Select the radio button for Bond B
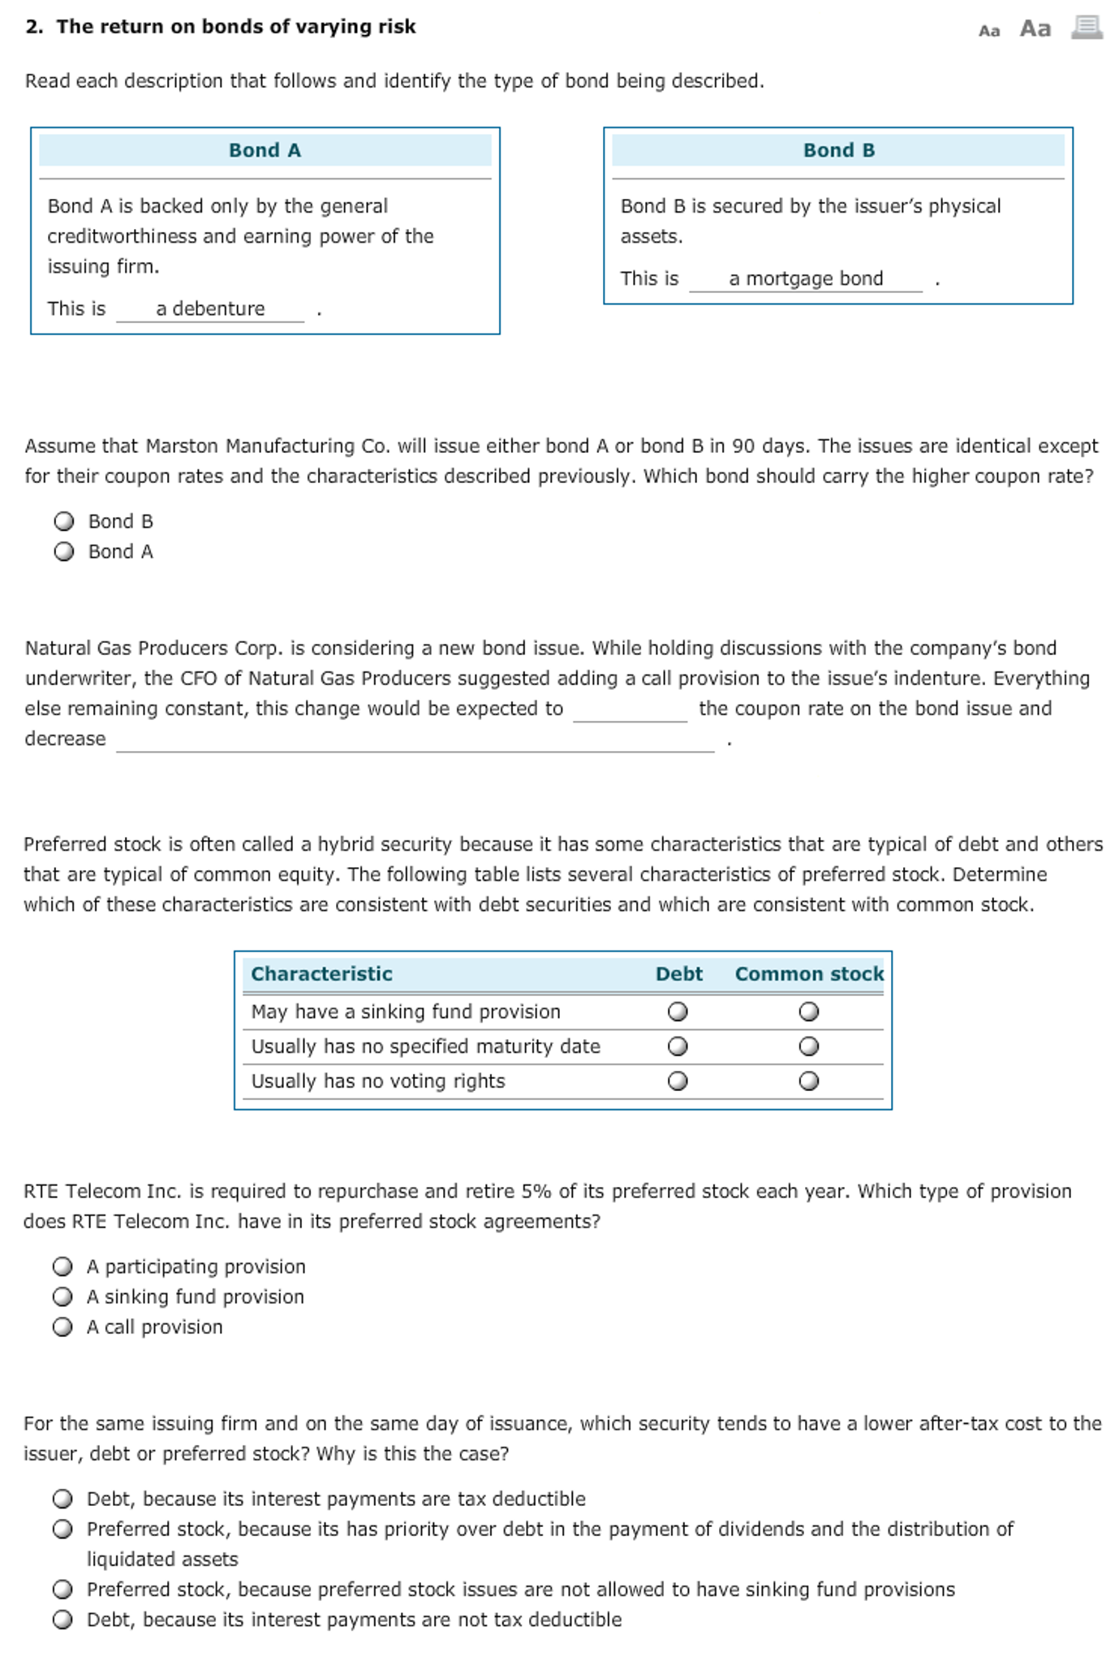click(63, 521)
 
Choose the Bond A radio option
click(63, 552)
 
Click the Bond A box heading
click(265, 150)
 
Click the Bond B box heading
click(838, 150)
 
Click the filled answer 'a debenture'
click(210, 308)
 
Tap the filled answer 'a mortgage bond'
click(805, 278)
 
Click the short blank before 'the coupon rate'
click(630, 710)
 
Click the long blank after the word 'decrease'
click(415, 740)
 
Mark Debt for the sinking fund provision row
click(678, 1012)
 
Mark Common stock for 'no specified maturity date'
click(808, 1046)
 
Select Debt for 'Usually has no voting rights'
click(678, 1081)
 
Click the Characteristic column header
click(321, 974)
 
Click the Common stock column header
click(808, 974)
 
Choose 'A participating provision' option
click(62, 1266)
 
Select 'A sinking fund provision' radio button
click(62, 1296)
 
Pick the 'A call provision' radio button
click(62, 1327)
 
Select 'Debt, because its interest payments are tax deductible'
click(62, 1499)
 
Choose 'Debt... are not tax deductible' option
click(62, 1620)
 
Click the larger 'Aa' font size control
click(1035, 29)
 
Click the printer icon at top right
click(1087, 28)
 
